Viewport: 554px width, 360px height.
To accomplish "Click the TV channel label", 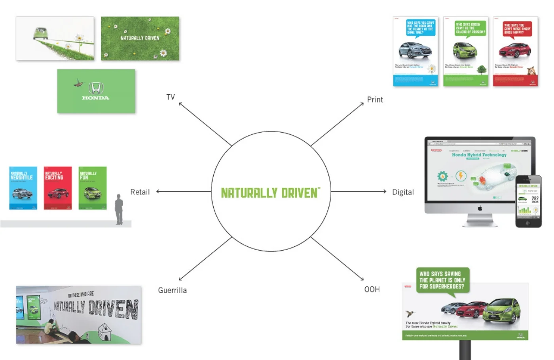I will (x=171, y=97).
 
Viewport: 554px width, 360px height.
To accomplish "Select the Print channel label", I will (x=375, y=99).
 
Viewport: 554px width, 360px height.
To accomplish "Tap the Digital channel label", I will (x=402, y=192).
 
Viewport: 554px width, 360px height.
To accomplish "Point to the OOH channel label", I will (x=372, y=290).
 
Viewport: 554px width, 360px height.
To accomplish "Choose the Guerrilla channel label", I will (x=172, y=290).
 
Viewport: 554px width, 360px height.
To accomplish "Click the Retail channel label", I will (x=140, y=192).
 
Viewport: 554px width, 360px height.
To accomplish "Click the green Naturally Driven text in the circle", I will (x=270, y=193).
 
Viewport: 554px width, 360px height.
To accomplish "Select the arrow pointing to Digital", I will (x=358, y=192).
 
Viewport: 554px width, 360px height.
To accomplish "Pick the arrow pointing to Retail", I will (x=184, y=192).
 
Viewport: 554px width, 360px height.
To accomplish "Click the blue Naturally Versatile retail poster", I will (x=23, y=188).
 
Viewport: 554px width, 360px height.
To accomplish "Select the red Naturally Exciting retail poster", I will (x=58, y=188).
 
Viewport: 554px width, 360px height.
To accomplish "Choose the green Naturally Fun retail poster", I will (x=93, y=188).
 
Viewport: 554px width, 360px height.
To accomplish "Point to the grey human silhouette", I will (x=119, y=210).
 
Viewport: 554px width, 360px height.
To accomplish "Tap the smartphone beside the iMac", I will (x=528, y=201).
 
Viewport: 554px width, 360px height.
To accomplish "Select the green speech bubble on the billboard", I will (x=442, y=280).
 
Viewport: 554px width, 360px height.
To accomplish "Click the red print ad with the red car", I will (x=515, y=51).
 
